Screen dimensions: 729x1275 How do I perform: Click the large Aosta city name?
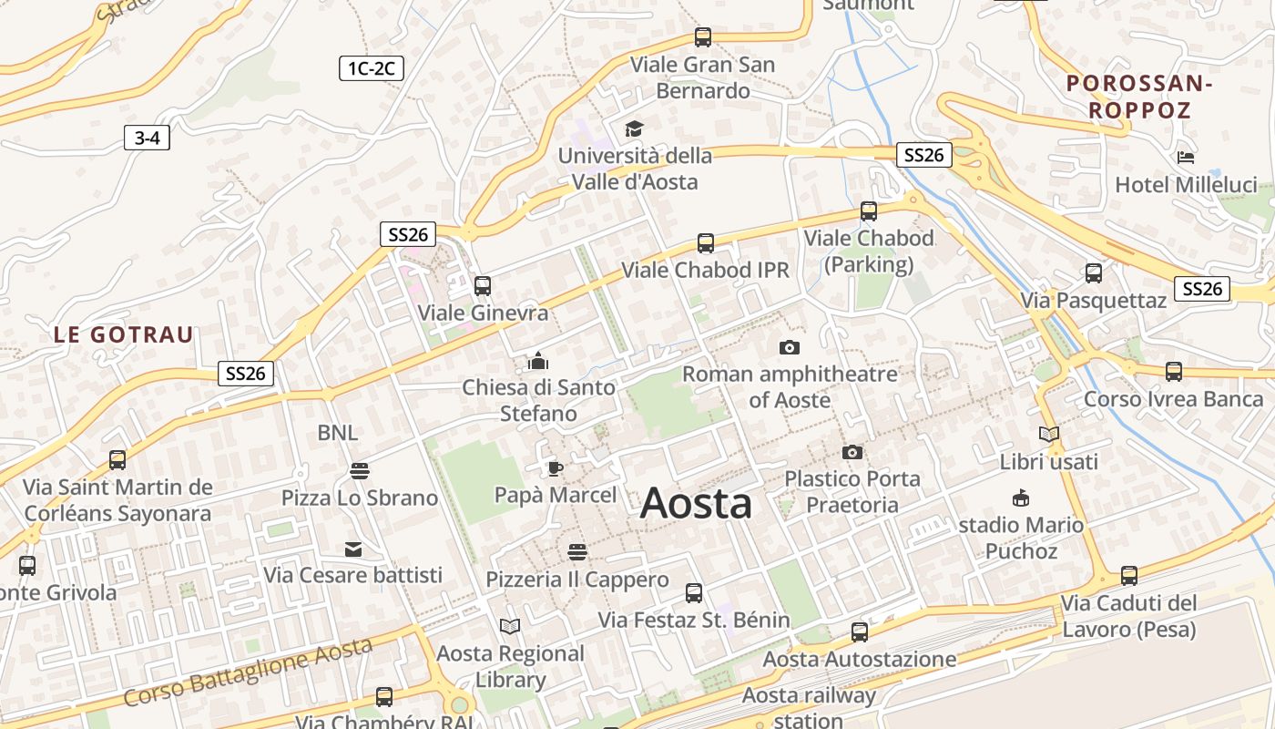[697, 503]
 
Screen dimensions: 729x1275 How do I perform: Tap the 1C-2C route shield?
[372, 68]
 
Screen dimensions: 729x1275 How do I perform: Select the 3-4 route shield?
[147, 139]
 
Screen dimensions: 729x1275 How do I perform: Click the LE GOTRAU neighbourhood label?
[124, 334]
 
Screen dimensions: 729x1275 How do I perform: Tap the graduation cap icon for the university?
[633, 129]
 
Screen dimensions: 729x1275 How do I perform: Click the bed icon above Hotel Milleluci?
[1185, 157]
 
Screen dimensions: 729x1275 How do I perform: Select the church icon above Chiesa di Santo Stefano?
[538, 361]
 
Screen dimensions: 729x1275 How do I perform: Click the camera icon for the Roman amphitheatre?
[790, 347]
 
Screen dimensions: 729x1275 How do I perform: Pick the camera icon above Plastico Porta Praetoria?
[852, 452]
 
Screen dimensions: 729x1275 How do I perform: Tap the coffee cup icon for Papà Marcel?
[555, 468]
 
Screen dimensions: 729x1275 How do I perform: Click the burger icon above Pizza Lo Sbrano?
[360, 471]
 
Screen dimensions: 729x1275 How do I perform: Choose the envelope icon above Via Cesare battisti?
[352, 549]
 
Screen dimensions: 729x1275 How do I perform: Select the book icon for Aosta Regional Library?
[510, 626]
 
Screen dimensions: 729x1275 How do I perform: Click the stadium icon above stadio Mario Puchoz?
[1021, 498]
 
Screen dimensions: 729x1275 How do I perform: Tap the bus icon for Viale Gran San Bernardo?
[703, 37]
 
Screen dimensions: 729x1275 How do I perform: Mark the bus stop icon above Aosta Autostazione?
[859, 631]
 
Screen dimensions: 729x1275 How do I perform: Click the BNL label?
[338, 433]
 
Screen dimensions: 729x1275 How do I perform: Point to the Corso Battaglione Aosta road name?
[248, 673]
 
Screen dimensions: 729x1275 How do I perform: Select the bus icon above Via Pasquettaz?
[1093, 272]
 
